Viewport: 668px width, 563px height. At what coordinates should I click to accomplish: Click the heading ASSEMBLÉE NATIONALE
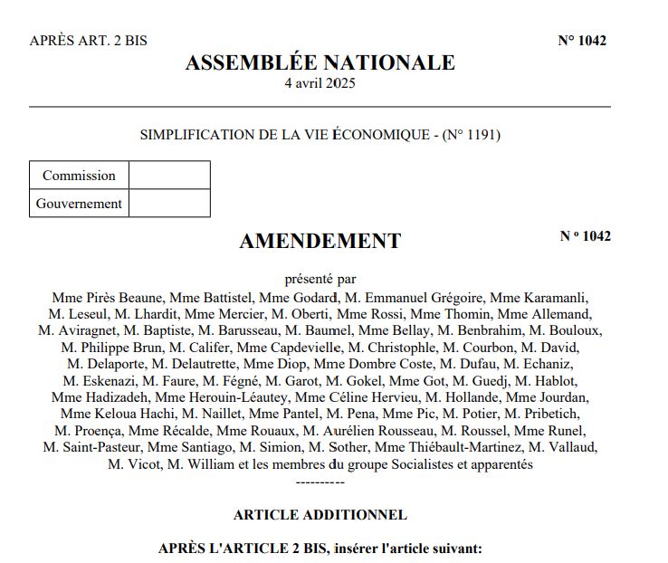point(320,62)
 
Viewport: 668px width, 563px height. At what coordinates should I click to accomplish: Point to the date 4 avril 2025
point(320,84)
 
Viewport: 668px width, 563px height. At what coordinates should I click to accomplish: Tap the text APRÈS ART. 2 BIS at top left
point(88,41)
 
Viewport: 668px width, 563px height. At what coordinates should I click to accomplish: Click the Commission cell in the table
point(79,176)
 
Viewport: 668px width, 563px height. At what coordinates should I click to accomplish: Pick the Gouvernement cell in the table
point(79,204)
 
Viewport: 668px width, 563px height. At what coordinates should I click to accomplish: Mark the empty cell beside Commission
point(169,176)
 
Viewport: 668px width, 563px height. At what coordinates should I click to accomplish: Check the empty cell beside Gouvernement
point(169,204)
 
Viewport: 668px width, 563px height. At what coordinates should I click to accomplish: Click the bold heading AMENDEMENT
point(320,241)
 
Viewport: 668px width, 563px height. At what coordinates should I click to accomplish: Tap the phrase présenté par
point(320,279)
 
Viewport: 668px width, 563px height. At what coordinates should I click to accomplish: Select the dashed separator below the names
point(320,481)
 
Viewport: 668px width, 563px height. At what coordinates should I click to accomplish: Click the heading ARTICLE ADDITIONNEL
point(320,515)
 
